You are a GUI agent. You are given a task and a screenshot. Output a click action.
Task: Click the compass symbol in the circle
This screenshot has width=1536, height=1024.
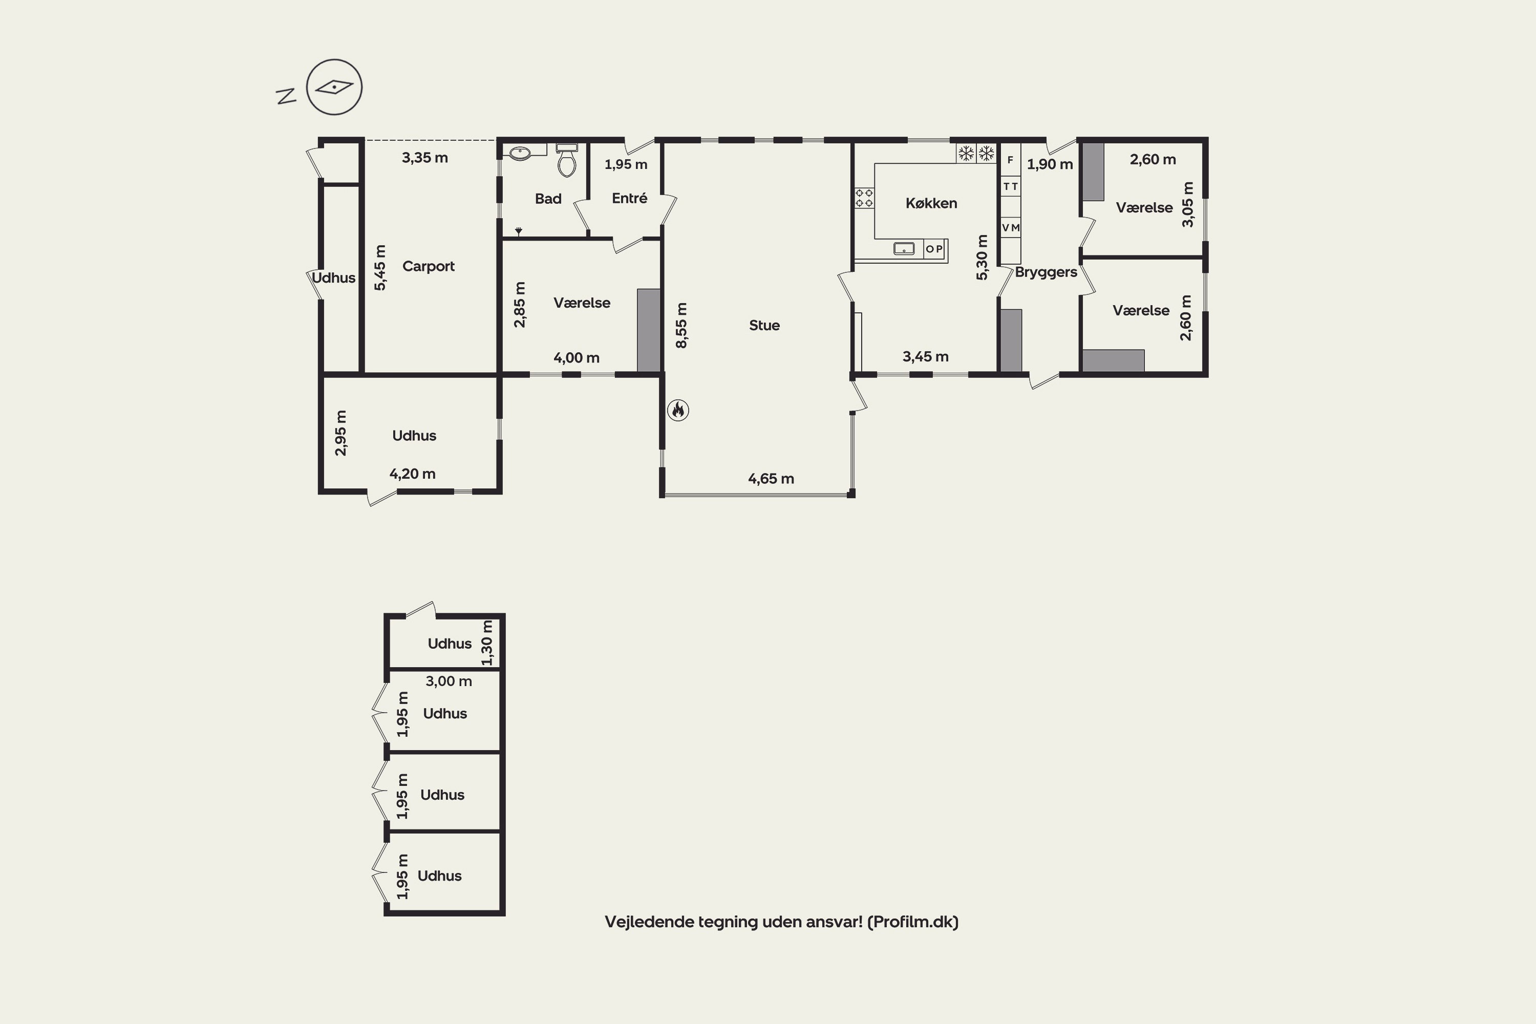click(x=334, y=87)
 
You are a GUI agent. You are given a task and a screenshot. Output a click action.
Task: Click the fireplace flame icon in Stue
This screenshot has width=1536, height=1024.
click(x=678, y=410)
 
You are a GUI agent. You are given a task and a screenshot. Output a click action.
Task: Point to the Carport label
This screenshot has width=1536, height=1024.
click(x=429, y=266)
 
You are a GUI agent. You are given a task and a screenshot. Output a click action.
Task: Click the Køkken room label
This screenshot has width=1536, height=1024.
click(x=931, y=203)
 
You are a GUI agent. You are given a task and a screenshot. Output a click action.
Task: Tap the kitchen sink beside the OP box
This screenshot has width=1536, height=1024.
click(x=904, y=248)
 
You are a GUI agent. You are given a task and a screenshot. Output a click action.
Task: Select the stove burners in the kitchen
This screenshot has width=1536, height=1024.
click(x=864, y=198)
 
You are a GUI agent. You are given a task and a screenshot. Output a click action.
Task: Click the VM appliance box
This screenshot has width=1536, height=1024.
click(x=1010, y=227)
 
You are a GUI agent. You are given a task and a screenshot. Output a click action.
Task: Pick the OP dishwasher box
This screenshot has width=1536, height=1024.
click(x=934, y=249)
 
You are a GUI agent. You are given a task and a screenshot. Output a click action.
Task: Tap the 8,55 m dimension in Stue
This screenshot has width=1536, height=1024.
click(x=681, y=325)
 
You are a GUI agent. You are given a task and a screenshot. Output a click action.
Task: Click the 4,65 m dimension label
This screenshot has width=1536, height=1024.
click(x=771, y=479)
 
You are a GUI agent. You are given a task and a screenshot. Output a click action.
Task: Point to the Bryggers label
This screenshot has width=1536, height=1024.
click(x=1046, y=272)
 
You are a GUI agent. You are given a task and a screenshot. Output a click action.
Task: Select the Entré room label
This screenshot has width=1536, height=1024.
click(x=630, y=198)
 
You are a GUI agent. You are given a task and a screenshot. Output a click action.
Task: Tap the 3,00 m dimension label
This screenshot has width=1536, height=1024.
click(x=449, y=681)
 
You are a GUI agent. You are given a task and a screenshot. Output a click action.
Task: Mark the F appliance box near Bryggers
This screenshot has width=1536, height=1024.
click(x=1010, y=159)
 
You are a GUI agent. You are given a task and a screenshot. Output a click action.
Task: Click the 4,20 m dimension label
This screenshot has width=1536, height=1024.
click(x=412, y=474)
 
